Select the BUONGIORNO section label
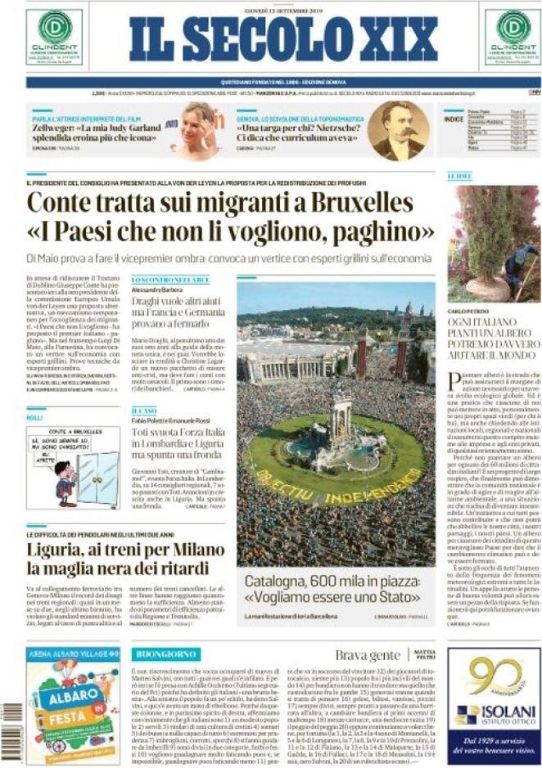[166, 654]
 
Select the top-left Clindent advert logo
[54, 37]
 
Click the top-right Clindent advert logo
[512, 37]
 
